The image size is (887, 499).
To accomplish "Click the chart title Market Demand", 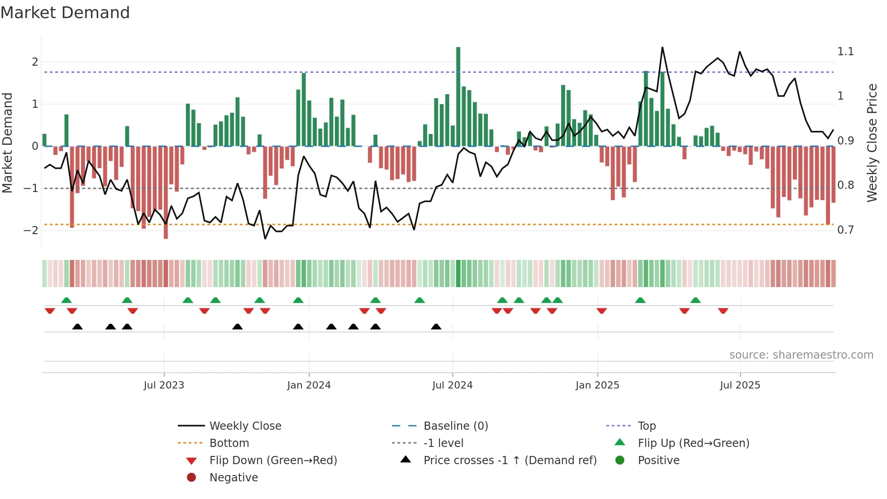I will click(x=65, y=13).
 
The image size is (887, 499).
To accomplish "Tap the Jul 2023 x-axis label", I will click(x=164, y=385).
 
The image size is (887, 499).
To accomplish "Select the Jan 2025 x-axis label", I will click(x=597, y=385).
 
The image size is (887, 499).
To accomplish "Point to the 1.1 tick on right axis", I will click(x=845, y=52).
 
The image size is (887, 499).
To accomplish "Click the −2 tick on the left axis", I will click(x=31, y=230).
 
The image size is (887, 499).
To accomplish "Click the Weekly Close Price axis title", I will click(x=872, y=143).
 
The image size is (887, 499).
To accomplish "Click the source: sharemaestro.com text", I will click(x=801, y=355).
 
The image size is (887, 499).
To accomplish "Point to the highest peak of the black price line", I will click(x=662, y=48).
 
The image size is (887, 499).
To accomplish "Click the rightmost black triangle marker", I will click(x=436, y=326).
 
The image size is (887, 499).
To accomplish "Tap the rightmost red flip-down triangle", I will click(x=723, y=311).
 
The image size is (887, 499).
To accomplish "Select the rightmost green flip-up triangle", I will click(x=696, y=300).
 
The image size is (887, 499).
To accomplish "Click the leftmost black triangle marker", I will click(x=77, y=326).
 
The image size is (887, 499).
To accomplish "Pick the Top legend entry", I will click(x=647, y=426).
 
